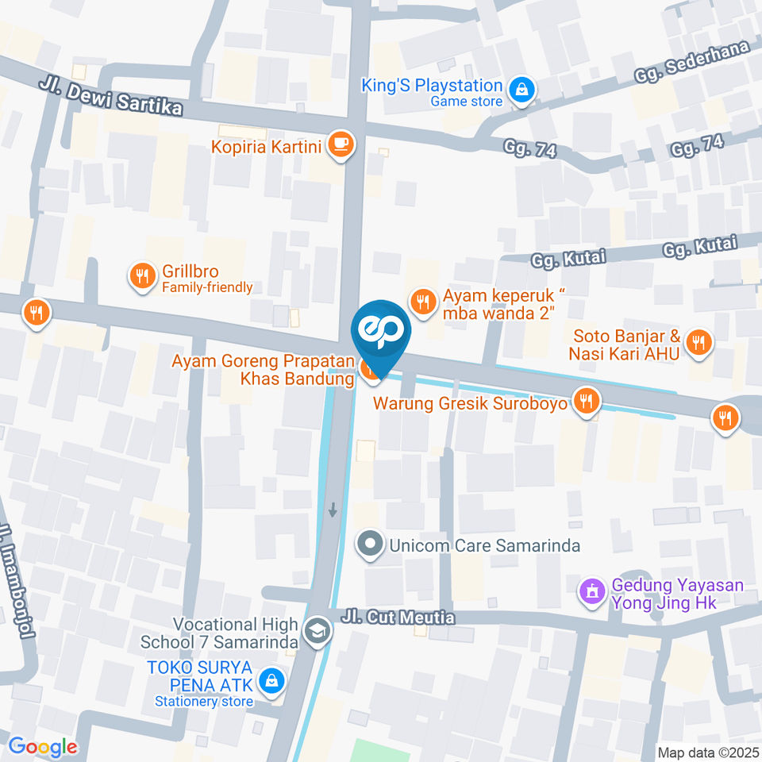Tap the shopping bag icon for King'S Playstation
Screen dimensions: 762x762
[521, 91]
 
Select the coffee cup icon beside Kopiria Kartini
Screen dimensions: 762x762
[342, 144]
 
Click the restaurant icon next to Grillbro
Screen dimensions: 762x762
[142, 275]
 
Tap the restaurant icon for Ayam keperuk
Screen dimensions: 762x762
[423, 301]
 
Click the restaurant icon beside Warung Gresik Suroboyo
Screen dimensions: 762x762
[587, 402]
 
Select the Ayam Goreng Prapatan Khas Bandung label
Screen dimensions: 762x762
[264, 371]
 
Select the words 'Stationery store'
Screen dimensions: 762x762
[203, 701]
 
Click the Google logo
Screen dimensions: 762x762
[43, 746]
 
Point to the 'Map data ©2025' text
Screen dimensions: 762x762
[708, 752]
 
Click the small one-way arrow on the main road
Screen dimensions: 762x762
[333, 509]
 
